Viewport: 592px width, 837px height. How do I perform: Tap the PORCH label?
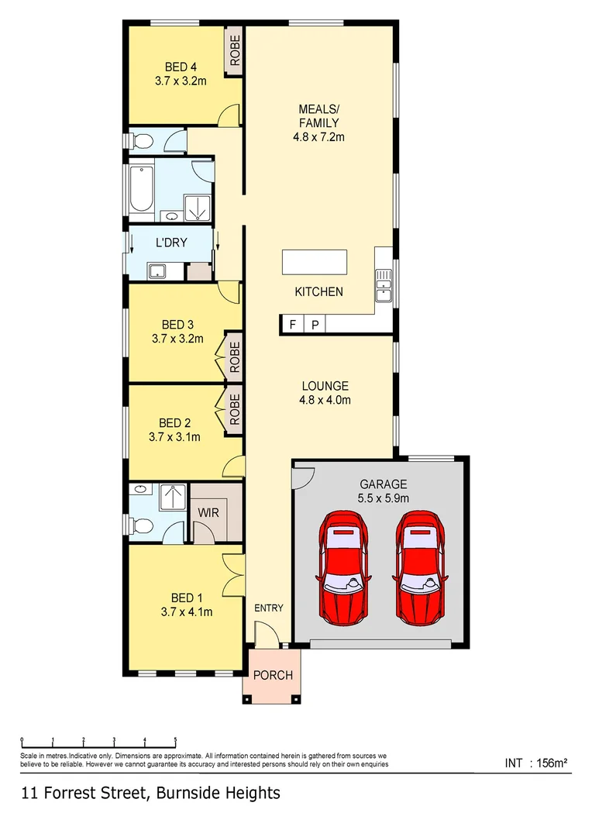pyautogui.click(x=273, y=675)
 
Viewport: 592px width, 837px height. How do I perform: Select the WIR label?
pyautogui.click(x=208, y=513)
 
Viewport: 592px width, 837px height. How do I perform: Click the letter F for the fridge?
pyautogui.click(x=293, y=325)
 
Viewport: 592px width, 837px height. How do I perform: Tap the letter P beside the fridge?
pyautogui.click(x=315, y=325)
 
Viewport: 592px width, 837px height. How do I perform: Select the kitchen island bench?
pyautogui.click(x=315, y=262)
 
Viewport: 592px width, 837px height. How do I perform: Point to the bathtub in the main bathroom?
pyautogui.click(x=140, y=188)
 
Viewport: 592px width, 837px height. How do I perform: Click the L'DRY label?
pyautogui.click(x=171, y=243)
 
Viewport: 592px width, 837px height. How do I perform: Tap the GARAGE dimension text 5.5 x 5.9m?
pyautogui.click(x=383, y=498)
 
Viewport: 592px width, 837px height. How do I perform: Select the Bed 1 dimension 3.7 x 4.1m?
pyautogui.click(x=187, y=611)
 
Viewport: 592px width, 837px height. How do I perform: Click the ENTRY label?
pyautogui.click(x=269, y=608)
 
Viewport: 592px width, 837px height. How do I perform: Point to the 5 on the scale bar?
pyautogui.click(x=176, y=739)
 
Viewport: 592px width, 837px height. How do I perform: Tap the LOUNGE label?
pyautogui.click(x=325, y=386)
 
